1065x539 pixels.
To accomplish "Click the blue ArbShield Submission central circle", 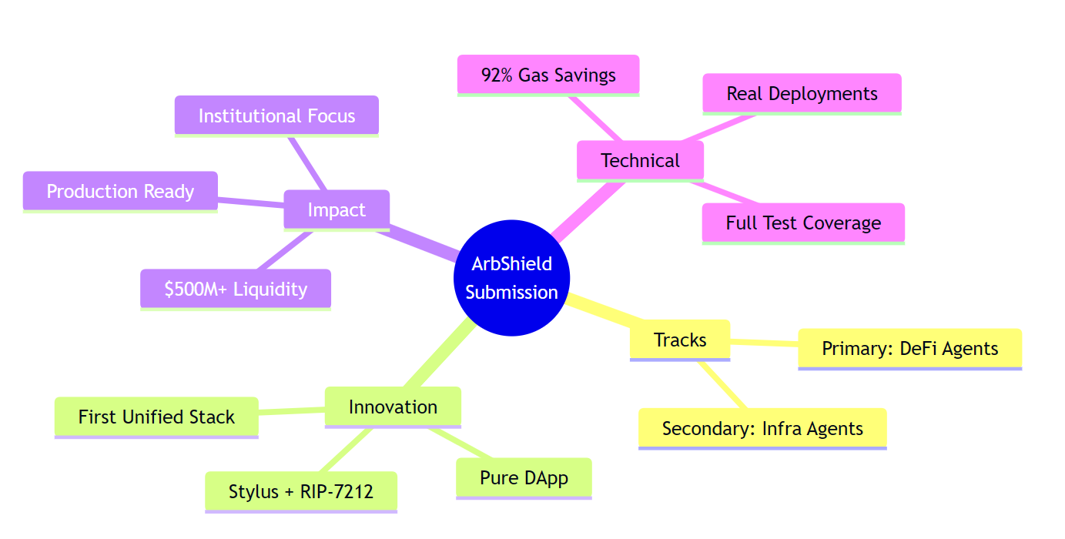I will click(512, 278).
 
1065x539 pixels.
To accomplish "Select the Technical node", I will click(640, 160).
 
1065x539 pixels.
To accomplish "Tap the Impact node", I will click(337, 209).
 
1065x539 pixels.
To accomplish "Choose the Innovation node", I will click(393, 407).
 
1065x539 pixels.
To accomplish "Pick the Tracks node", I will click(680, 340).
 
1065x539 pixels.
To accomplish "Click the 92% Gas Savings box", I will click(548, 75).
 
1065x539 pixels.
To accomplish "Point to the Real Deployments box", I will click(802, 93).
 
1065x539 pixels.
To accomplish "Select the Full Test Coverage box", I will click(803, 223).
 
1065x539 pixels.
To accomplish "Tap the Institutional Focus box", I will click(276, 115).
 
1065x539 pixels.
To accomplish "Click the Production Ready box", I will click(120, 191).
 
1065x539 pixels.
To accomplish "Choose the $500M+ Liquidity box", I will click(236, 289).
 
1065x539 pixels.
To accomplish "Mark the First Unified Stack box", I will click(156, 417).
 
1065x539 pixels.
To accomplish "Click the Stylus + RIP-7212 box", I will click(301, 491).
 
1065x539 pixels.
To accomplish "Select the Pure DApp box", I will click(524, 477).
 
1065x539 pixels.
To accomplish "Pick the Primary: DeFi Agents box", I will click(909, 348).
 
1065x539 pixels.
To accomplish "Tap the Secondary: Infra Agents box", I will click(762, 428).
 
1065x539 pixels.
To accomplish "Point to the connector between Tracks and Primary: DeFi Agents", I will click(764, 343).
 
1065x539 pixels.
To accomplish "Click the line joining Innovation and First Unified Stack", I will click(291, 411).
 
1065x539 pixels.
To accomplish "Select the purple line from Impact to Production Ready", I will click(251, 203).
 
